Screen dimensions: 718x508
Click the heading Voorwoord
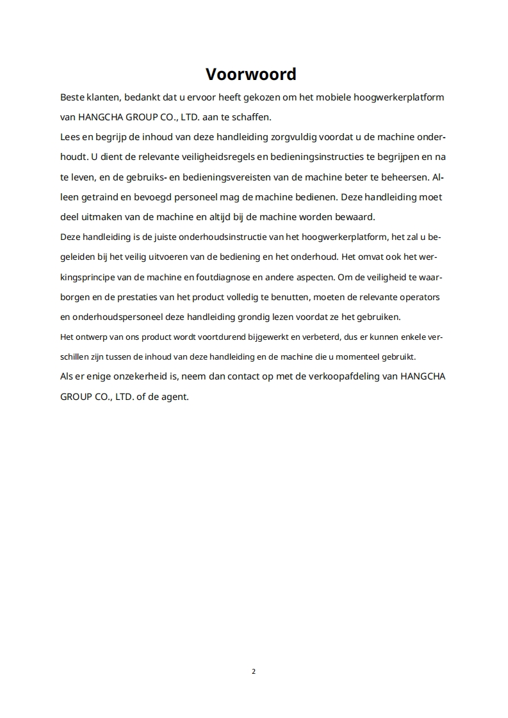coord(250,74)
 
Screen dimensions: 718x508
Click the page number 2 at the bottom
coord(254,671)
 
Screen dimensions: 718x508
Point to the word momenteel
coord(359,356)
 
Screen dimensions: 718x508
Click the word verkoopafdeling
coord(335,376)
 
